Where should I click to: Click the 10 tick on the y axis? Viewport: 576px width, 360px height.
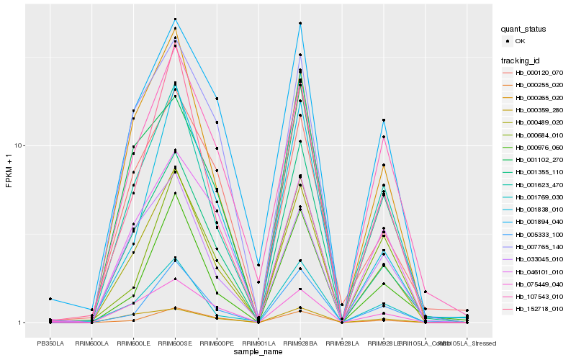(x=21, y=145)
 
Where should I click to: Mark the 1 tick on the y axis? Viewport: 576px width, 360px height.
(x=22, y=323)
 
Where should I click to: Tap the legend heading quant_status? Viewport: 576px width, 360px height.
(x=524, y=30)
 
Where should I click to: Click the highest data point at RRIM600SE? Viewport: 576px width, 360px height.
(x=175, y=19)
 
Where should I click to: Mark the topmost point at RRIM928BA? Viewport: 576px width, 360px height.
(x=300, y=24)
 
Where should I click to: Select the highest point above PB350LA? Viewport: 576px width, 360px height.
(x=50, y=299)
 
